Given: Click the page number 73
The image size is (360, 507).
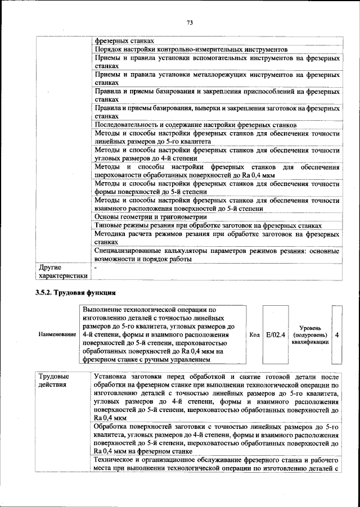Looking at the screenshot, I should [x=190, y=22].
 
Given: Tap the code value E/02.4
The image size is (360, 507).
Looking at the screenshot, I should [x=276, y=334].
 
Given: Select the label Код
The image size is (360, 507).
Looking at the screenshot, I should [x=254, y=334].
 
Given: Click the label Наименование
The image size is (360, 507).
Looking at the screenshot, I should [x=57, y=334].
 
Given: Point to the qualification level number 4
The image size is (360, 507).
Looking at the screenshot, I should [x=336, y=334].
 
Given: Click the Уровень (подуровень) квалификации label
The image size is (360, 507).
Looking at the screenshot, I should [x=310, y=334].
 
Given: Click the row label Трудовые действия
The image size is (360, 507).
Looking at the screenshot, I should [x=54, y=380].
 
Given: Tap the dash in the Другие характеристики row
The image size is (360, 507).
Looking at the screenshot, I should [x=96, y=268].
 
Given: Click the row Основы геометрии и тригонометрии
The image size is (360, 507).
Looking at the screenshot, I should [x=150, y=216].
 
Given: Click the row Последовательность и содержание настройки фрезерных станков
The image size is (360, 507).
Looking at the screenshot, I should [x=196, y=124].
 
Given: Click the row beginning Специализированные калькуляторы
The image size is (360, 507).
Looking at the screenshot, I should [x=217, y=255].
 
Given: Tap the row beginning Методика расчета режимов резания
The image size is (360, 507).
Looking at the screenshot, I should [x=217, y=237].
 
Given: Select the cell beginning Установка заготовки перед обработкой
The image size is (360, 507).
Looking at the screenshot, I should [x=217, y=397].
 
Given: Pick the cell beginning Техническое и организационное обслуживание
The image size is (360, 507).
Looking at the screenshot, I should [x=217, y=464].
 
